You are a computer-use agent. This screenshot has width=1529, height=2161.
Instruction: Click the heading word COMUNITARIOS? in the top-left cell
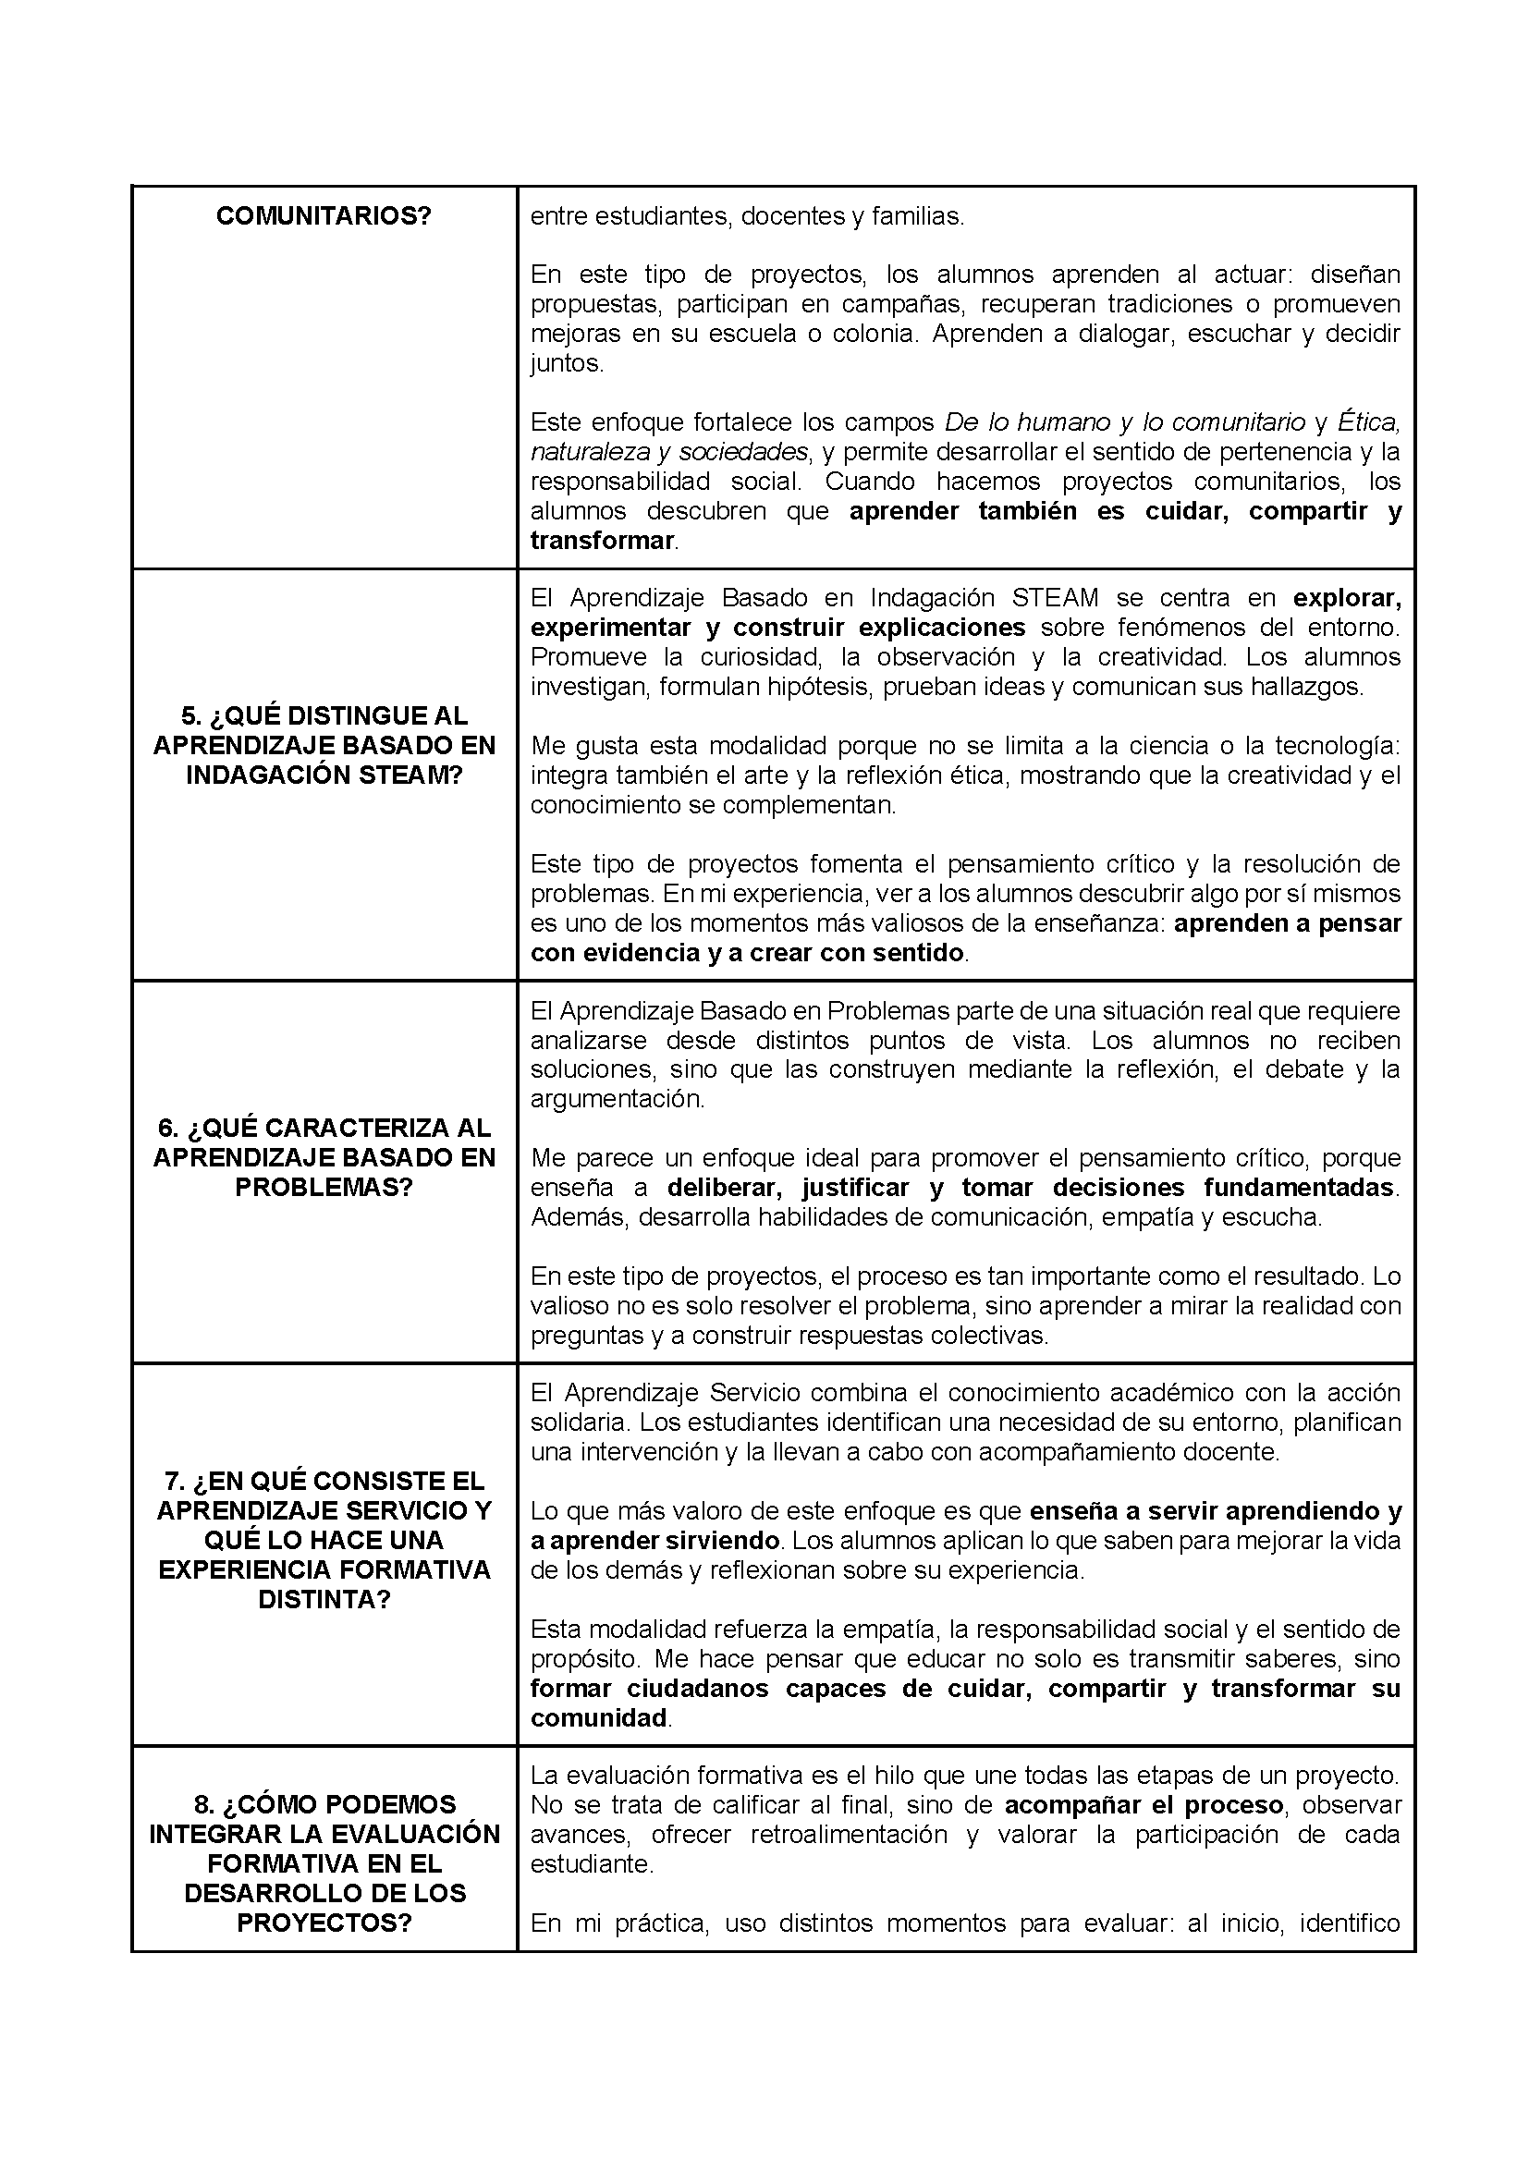point(324,215)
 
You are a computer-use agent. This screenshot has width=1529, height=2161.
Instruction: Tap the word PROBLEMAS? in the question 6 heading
point(324,1187)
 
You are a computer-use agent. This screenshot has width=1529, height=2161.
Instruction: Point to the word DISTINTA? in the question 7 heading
point(324,1599)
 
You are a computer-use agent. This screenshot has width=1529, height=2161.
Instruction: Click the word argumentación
point(617,1098)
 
